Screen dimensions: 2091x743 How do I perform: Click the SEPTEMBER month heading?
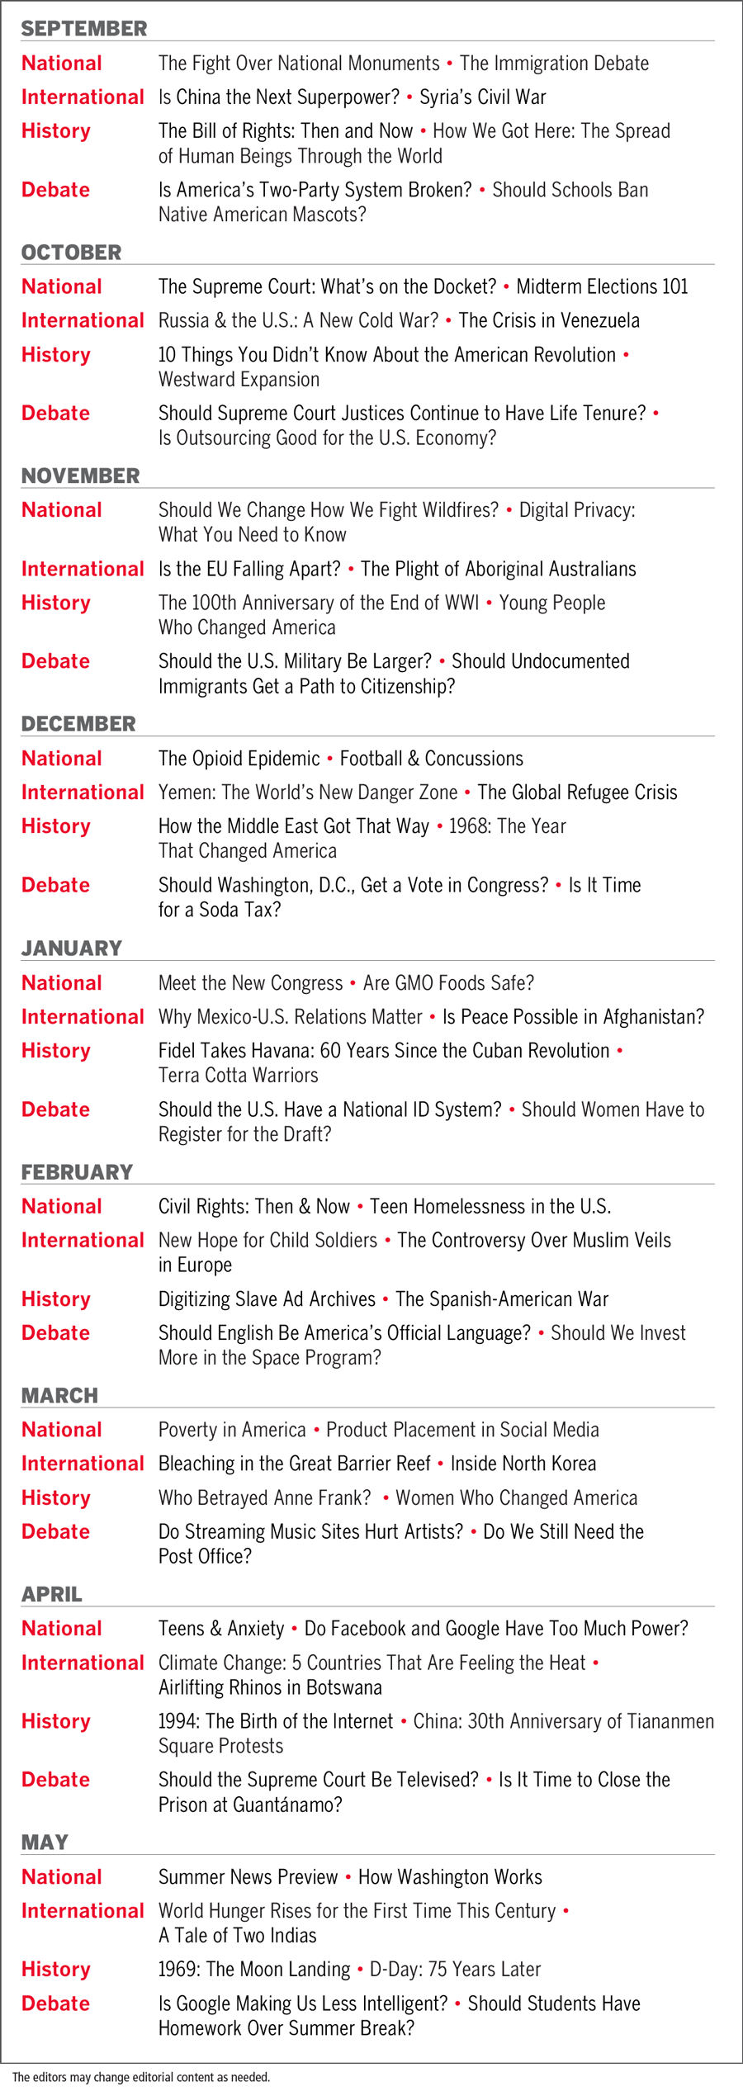click(x=84, y=29)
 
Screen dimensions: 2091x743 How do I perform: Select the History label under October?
click(x=55, y=355)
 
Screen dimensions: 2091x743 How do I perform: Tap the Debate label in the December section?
click(x=55, y=885)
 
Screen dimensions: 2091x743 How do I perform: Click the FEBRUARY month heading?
click(x=77, y=1172)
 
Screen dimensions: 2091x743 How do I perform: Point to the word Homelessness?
click(x=468, y=1207)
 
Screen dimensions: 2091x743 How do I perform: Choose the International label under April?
click(x=83, y=1663)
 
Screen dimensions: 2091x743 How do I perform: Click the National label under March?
click(x=62, y=1430)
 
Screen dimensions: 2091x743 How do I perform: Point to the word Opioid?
click(x=239, y=759)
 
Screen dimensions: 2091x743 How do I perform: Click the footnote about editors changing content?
click(x=141, y=2077)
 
